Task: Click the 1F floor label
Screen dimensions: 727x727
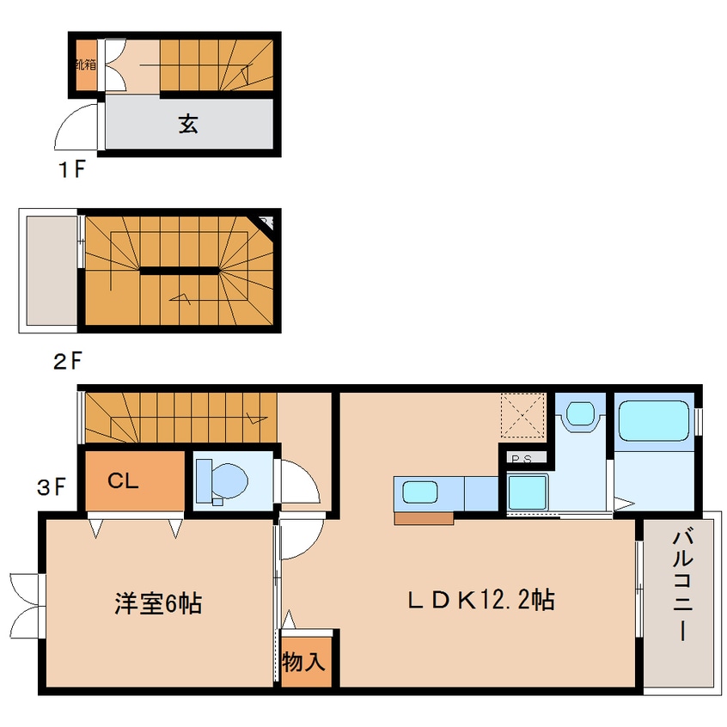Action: (71, 168)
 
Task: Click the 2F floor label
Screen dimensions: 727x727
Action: (69, 361)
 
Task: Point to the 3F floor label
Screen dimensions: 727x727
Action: (51, 487)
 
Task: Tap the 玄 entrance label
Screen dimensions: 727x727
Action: (188, 125)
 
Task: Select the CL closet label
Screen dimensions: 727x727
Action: (123, 481)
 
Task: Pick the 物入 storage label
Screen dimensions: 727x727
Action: (303, 663)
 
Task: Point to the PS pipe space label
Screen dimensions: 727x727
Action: (521, 459)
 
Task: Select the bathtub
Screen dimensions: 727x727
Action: (655, 422)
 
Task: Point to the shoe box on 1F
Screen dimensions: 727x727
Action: (85, 66)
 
